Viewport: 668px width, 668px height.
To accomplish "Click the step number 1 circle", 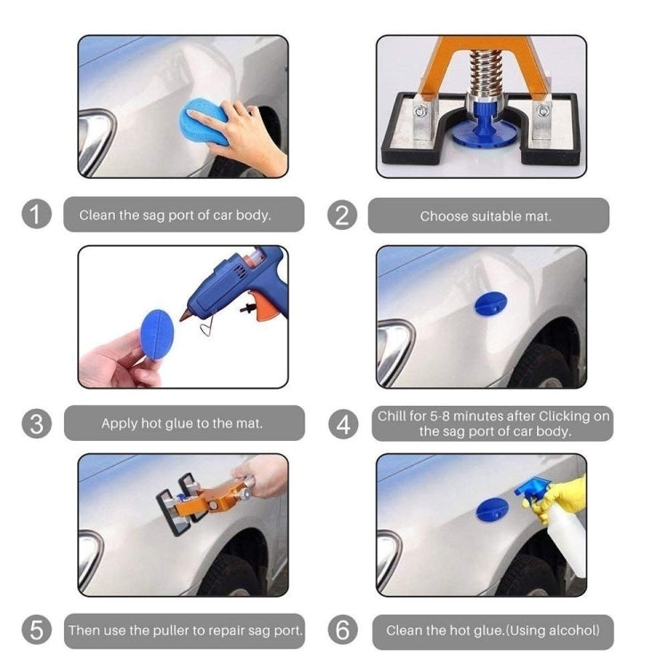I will point(36,215).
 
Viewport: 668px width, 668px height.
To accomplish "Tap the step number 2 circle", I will point(343,215).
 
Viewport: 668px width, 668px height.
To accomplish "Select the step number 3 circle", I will point(36,423).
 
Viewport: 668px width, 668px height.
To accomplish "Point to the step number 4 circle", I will point(343,423).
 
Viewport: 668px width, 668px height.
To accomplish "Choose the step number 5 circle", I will point(36,631).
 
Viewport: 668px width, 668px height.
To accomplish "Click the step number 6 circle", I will point(343,631).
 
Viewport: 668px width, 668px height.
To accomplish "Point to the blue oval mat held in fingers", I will point(157,334).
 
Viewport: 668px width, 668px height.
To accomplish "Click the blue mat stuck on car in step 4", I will point(490,304).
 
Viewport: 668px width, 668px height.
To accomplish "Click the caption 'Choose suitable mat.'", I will point(485,216).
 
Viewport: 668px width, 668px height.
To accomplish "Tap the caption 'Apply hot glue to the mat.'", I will point(182,423).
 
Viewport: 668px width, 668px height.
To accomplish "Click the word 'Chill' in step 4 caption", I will point(393,416).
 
